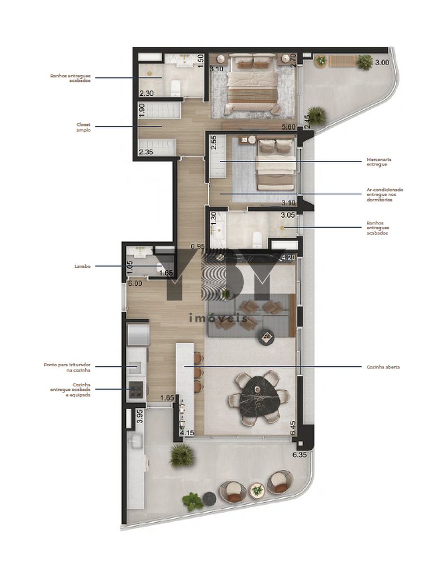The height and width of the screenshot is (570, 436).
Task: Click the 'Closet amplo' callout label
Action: tap(83, 127)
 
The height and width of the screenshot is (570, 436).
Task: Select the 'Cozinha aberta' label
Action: tap(383, 367)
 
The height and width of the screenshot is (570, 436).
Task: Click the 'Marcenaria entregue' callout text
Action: tap(379, 161)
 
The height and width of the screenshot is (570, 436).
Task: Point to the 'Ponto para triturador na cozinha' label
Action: tap(67, 367)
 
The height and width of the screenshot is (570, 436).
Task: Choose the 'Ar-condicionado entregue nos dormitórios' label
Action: tap(385, 194)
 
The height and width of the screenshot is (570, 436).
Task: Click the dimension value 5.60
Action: tap(288, 127)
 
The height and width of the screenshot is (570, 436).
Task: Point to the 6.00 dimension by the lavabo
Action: tap(134, 283)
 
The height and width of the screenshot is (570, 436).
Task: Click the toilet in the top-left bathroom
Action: tap(175, 87)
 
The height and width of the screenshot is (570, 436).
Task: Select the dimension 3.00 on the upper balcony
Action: tap(382, 63)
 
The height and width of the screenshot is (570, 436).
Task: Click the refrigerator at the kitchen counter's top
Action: tap(138, 334)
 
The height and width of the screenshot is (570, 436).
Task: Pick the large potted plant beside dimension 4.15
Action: tap(182, 455)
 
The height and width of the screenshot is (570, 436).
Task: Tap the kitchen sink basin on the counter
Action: tap(134, 367)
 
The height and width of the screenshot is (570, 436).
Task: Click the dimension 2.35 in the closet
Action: tap(146, 152)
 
